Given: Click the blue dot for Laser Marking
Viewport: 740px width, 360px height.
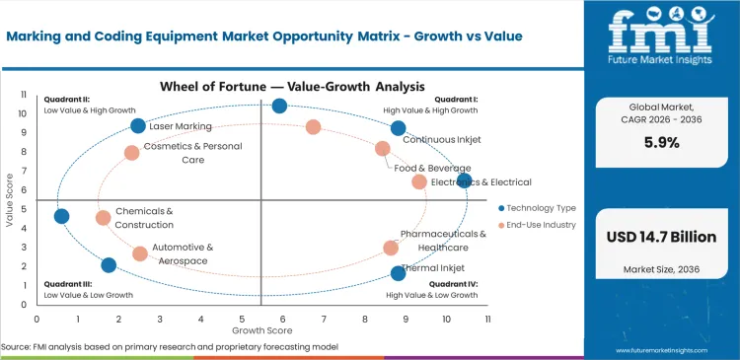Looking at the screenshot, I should (x=138, y=125).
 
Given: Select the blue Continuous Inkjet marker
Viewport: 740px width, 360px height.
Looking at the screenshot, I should (x=398, y=128).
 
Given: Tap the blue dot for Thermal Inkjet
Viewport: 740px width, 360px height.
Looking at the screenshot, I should (x=398, y=273).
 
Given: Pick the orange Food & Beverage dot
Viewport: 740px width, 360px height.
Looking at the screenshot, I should (x=383, y=149).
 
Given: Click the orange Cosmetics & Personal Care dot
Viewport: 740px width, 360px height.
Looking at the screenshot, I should (x=132, y=153).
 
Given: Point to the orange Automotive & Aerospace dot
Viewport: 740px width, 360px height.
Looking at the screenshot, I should (x=140, y=253).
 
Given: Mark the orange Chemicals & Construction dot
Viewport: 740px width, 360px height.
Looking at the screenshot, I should (x=104, y=218).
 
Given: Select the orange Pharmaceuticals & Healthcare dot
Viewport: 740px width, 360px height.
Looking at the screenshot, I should (x=391, y=249).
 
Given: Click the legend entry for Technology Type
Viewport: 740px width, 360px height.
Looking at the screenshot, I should (x=540, y=208).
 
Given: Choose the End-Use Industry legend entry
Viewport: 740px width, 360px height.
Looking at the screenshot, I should (x=540, y=225).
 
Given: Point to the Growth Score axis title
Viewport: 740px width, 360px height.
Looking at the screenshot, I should (x=261, y=329).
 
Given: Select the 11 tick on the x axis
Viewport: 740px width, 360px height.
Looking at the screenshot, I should (x=487, y=319).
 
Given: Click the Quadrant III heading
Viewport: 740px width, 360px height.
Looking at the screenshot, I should (x=67, y=285).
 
